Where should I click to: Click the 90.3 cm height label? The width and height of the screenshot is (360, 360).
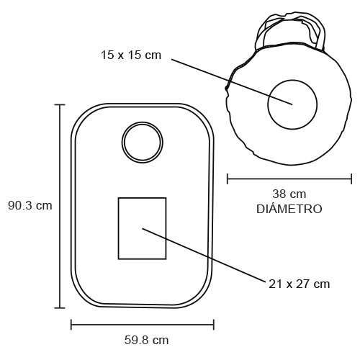[x=30, y=206]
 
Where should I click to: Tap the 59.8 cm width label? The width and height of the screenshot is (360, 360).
[x=146, y=340]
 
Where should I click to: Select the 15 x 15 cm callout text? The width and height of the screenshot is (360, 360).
[x=131, y=55]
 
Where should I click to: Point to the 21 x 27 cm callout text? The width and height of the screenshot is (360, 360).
[x=299, y=284]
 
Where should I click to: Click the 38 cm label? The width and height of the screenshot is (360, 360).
[x=289, y=194]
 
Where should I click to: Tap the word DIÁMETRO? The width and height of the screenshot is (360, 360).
[x=289, y=208]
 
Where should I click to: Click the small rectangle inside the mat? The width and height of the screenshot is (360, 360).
[x=143, y=198]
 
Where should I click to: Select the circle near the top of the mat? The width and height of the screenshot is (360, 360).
[x=143, y=123]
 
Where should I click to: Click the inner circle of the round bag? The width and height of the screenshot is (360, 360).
[x=292, y=80]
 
